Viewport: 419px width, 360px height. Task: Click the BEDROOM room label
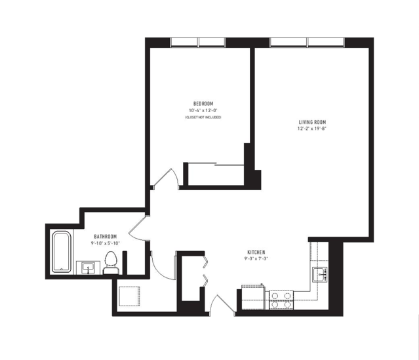tap(203, 104)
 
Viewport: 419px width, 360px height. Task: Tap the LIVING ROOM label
tap(312, 123)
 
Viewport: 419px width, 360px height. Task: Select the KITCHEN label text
tap(256, 252)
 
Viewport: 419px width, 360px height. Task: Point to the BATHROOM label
tap(106, 237)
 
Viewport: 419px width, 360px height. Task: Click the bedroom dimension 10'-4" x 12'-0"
tap(203, 110)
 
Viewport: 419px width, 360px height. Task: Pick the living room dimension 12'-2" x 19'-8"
tap(312, 129)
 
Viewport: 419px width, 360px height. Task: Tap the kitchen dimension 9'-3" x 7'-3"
tap(256, 258)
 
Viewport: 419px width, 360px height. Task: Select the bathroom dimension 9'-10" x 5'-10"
tap(106, 243)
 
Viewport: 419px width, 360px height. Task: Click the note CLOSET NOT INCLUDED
tap(203, 117)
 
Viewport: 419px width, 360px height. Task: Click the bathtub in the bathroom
tap(62, 252)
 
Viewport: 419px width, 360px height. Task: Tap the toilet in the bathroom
tap(111, 263)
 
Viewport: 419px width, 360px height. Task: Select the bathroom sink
tap(88, 268)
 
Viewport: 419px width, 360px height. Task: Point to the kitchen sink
tap(320, 275)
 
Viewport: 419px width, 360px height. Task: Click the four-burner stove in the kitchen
tap(281, 300)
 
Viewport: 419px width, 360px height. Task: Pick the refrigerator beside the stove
tap(253, 297)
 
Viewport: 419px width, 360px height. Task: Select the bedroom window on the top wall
tap(198, 42)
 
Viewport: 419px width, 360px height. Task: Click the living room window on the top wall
tap(307, 42)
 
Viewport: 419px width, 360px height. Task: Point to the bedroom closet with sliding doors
tap(216, 175)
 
